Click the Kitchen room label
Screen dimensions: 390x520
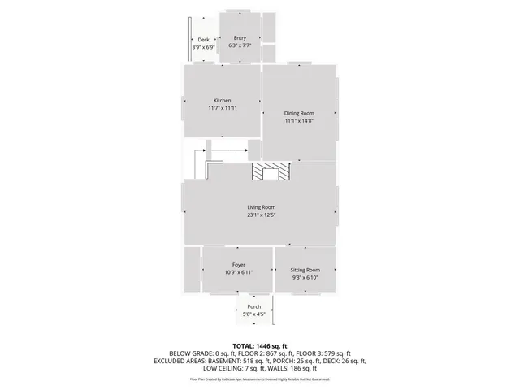(222, 100)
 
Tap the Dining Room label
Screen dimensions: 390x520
(299, 113)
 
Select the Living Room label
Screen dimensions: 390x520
(262, 207)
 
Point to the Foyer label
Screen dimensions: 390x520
(239, 265)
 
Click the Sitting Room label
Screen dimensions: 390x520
(305, 270)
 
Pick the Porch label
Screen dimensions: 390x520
(254, 306)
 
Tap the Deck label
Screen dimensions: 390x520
(203, 40)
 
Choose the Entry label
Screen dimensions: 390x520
(240, 38)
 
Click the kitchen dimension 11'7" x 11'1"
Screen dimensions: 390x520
(222, 108)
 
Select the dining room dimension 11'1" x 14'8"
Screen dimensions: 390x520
(299, 121)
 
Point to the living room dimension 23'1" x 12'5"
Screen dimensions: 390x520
(262, 215)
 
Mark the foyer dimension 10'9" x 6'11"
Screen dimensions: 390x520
(239, 272)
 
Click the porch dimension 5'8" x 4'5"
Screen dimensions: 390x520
(254, 314)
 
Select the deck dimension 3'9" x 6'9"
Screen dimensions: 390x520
(203, 47)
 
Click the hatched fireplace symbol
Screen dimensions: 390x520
(270, 171)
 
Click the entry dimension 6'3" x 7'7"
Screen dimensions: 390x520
(240, 45)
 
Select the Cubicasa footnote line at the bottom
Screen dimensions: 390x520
(259, 379)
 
